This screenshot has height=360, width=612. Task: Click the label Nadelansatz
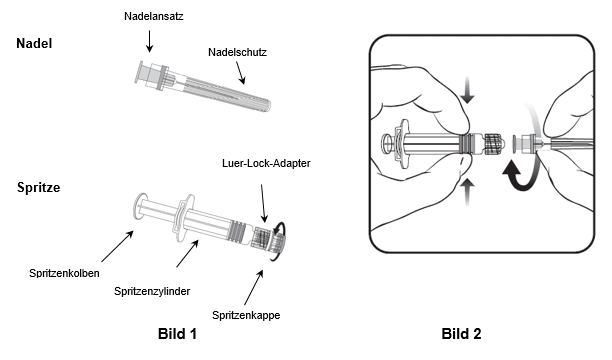pos(153,16)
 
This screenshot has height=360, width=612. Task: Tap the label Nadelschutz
pos(237,52)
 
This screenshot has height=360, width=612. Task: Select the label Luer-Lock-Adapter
pos(266,163)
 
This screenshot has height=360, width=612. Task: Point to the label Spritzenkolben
pos(64,273)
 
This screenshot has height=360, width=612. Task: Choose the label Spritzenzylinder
pos(152,291)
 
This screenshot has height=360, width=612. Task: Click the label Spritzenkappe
pos(246,315)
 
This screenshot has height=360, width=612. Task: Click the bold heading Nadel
pos(34,43)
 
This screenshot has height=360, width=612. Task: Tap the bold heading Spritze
pos(39,187)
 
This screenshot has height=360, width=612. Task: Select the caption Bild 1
pos(177,334)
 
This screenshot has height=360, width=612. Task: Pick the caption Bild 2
pos(461,334)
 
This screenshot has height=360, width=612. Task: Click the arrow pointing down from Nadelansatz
pos(149,41)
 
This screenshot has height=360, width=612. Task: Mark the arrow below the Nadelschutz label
pos(240,73)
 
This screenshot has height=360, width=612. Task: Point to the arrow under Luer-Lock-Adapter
pos(263,203)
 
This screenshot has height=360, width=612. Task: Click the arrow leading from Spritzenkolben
pos(117,246)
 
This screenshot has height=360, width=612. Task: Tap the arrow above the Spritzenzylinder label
pos(187,253)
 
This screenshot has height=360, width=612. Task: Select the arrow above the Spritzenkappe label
pos(254,287)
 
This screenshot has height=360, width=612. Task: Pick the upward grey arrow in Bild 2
pos(467,192)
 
